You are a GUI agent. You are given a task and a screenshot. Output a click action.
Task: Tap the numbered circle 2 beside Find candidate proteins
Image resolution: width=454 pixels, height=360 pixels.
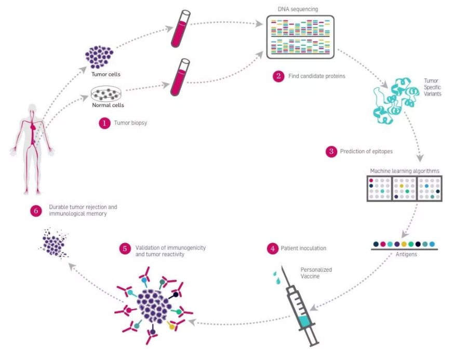pyautogui.click(x=279, y=76)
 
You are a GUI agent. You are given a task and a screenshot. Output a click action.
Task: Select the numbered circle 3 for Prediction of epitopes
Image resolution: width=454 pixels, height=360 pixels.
pyautogui.click(x=331, y=152)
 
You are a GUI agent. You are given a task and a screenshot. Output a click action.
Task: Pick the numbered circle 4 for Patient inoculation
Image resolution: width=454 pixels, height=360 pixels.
pyautogui.click(x=272, y=248)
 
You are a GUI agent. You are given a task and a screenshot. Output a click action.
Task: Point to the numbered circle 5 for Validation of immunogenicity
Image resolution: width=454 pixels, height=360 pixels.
pyautogui.click(x=125, y=248)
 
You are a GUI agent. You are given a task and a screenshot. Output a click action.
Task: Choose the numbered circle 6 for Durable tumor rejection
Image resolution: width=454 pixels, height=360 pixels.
pyautogui.click(x=36, y=210)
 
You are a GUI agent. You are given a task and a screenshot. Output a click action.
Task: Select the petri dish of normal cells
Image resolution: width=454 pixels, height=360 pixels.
pyautogui.click(x=107, y=94)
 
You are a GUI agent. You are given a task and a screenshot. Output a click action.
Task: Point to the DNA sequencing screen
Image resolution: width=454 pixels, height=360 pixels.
pyautogui.click(x=300, y=37)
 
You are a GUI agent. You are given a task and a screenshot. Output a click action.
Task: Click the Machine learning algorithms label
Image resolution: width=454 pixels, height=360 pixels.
pyautogui.click(x=405, y=171)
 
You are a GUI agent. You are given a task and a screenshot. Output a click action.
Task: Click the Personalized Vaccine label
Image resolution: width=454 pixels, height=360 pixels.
pyautogui.click(x=316, y=273)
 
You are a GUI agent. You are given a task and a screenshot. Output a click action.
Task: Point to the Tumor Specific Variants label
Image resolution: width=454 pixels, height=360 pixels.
pyautogui.click(x=432, y=88)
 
